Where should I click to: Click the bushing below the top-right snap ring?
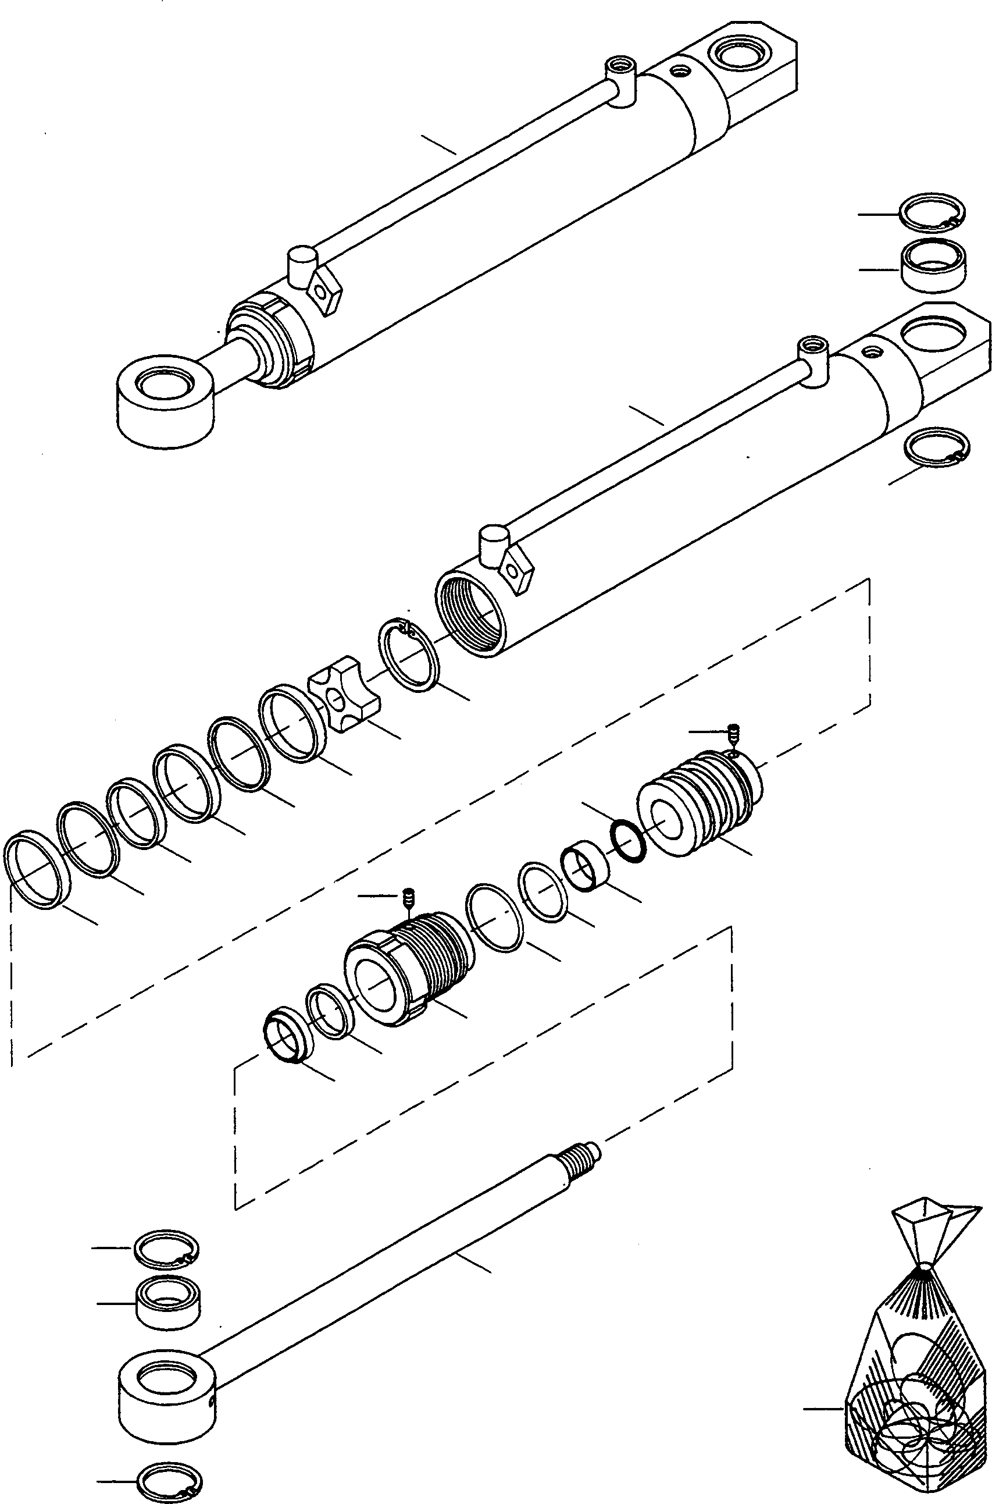click(x=933, y=265)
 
